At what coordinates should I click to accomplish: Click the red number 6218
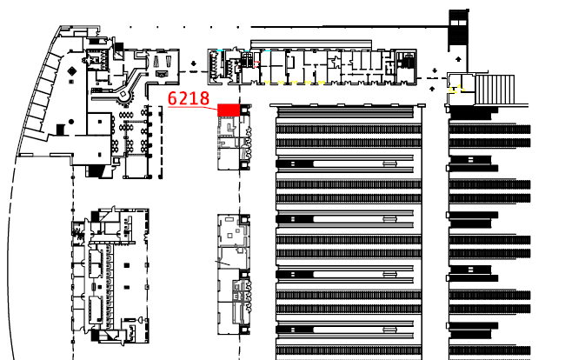click(189, 97)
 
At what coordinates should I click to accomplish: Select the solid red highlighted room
click(228, 110)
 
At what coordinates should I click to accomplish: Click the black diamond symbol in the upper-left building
click(59, 130)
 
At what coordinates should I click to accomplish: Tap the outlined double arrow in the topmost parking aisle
click(390, 163)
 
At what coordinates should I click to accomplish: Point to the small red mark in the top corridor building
click(258, 63)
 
